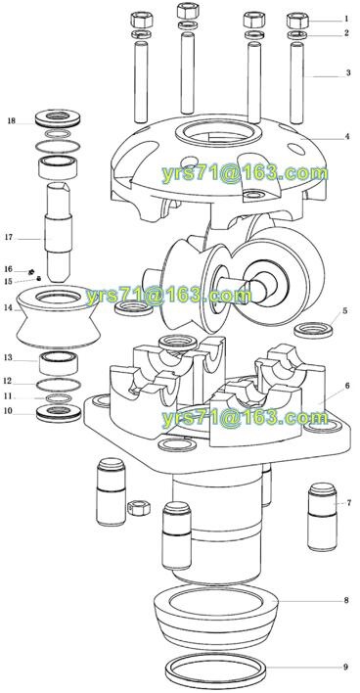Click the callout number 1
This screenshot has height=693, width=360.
coord(346,19)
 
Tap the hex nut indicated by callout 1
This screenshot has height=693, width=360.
coord(297,21)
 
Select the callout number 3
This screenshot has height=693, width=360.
coord(348,73)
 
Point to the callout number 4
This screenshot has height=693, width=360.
coord(347,137)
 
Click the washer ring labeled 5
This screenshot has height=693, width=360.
coord(313,330)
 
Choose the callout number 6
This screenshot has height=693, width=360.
coord(347,386)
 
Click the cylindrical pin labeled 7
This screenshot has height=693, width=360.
coord(323,517)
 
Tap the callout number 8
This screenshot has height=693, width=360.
coord(346,600)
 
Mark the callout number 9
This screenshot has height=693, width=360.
coord(346,667)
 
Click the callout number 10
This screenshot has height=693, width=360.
coord(8,411)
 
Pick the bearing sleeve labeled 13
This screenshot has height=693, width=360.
coord(59,363)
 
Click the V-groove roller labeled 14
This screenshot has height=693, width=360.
coord(58,317)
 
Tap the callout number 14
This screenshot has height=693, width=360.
coord(8,308)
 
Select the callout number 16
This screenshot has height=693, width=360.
coord(8,269)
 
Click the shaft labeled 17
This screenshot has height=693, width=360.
coord(59,232)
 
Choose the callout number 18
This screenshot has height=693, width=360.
coord(11,120)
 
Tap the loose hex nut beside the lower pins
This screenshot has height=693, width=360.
coord(139,508)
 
